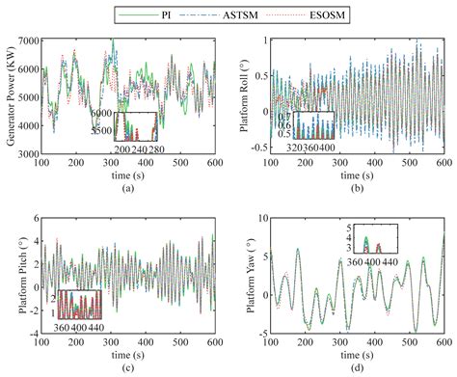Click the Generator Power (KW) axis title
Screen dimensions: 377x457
[x=13, y=96]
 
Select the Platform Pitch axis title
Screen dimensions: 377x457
[x=13, y=279]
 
